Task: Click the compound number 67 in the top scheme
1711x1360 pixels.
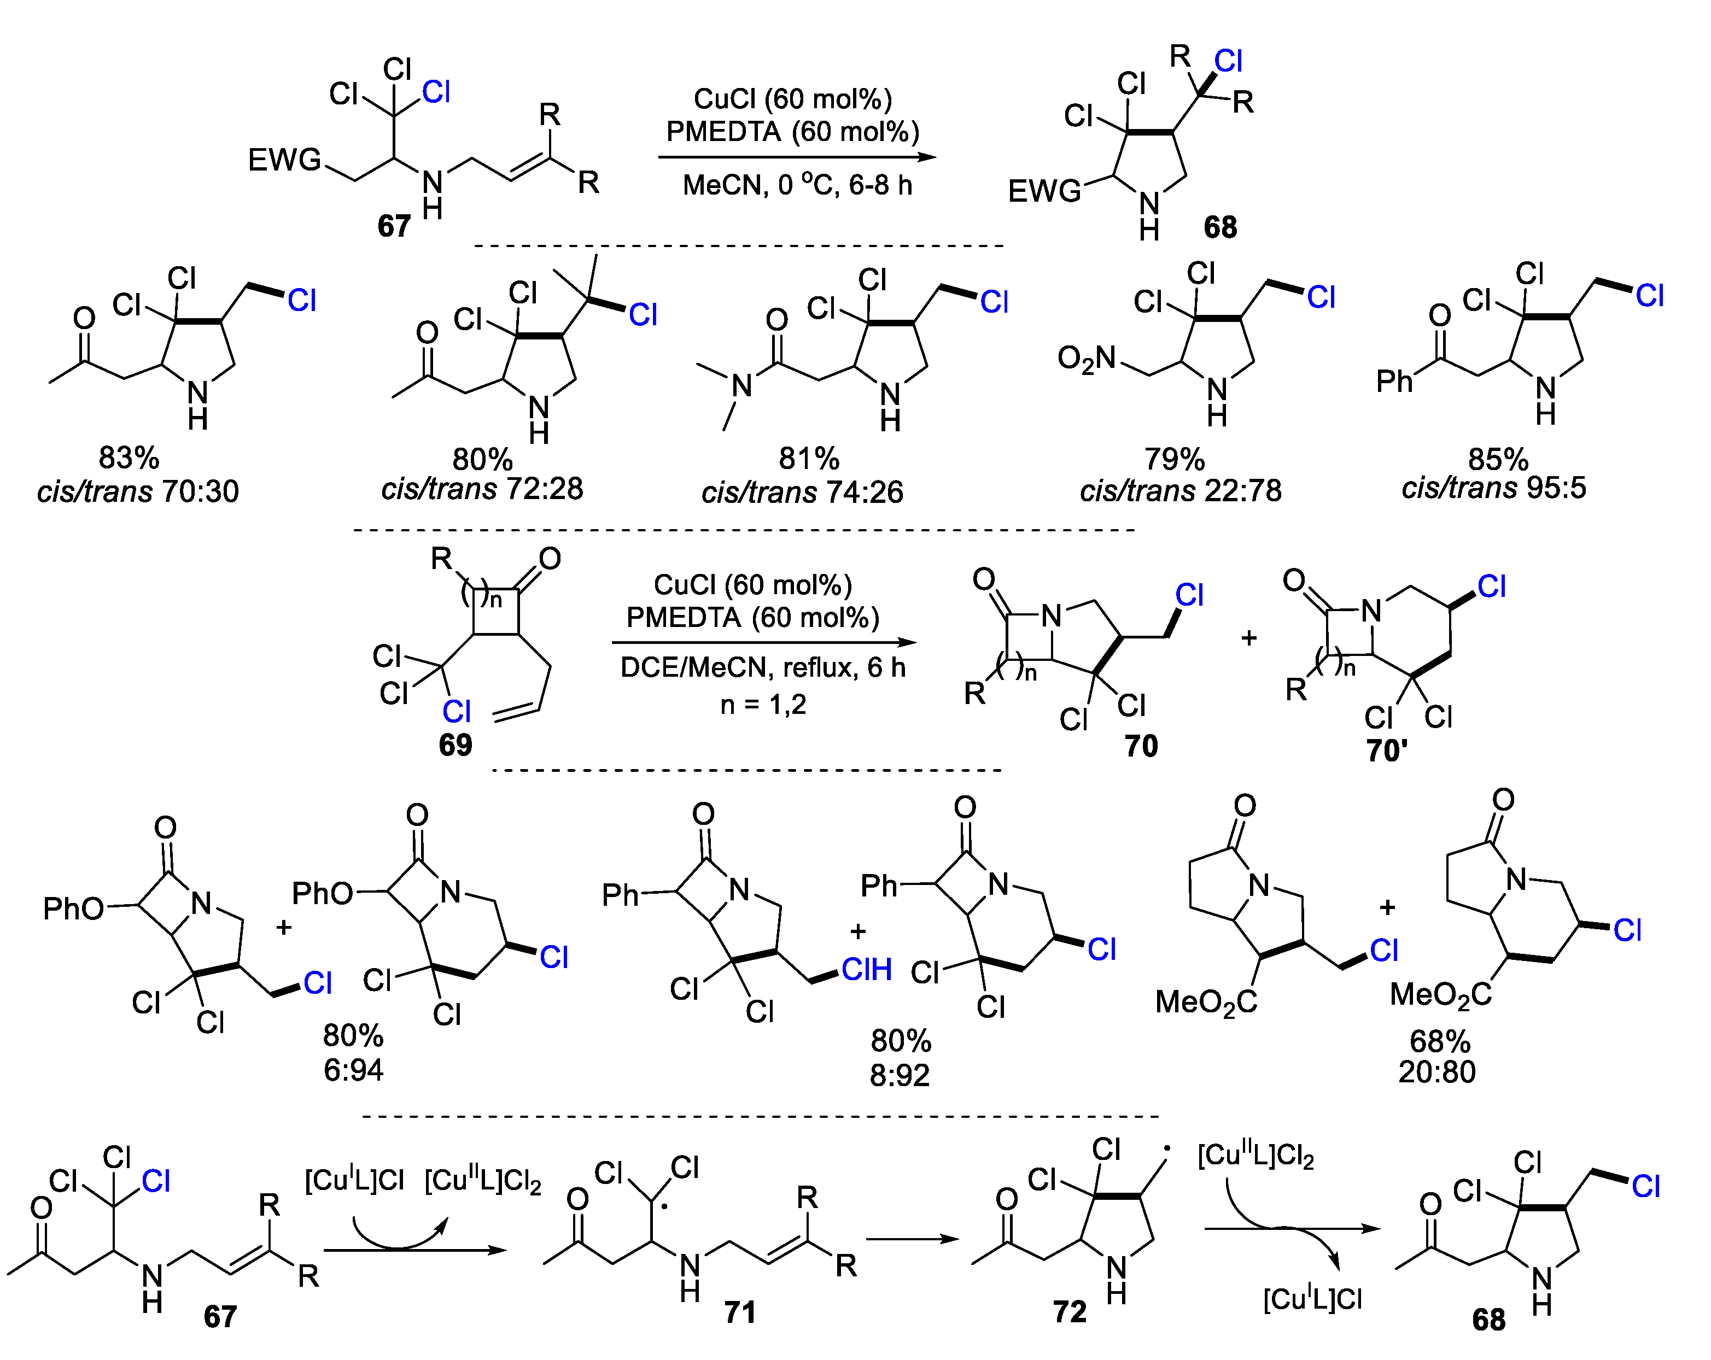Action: click(394, 226)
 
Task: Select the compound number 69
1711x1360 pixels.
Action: click(455, 745)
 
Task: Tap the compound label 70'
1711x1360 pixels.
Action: click(1386, 750)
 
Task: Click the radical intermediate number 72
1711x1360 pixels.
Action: click(1069, 1311)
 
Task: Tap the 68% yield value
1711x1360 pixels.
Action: click(1440, 1041)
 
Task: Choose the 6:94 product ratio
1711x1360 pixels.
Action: click(353, 1070)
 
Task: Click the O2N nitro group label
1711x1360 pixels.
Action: click(1087, 359)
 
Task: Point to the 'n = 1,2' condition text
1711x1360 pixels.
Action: click(763, 704)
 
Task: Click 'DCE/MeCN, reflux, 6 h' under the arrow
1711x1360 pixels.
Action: click(763, 667)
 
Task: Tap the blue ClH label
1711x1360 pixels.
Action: click(867, 969)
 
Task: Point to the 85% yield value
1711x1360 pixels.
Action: click(1498, 459)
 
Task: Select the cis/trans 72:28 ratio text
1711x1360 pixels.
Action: click(482, 489)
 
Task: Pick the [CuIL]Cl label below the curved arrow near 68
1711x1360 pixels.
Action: click(1312, 1299)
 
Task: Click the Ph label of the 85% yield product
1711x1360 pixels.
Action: click(1394, 382)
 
